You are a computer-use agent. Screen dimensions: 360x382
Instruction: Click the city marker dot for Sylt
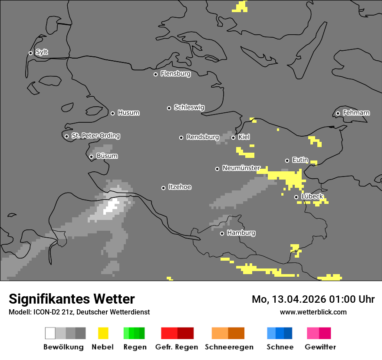(30, 53)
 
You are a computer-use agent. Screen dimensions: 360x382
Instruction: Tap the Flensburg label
(175, 74)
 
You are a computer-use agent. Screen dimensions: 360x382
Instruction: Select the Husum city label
(128, 113)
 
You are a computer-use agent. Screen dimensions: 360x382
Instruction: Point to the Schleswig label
(189, 107)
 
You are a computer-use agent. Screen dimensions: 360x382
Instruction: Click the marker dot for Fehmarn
(338, 113)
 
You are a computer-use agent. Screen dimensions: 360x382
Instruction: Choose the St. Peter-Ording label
(95, 136)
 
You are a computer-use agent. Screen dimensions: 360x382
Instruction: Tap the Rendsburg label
(203, 137)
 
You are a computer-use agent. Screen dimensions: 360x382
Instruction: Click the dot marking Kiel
(233, 137)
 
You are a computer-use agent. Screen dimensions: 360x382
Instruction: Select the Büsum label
(107, 156)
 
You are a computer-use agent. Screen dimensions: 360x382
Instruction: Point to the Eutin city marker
(287, 160)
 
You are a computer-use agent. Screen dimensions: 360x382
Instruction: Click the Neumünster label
(241, 168)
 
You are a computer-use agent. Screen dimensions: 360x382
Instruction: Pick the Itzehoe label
(180, 187)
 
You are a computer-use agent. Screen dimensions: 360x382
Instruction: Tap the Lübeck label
(312, 196)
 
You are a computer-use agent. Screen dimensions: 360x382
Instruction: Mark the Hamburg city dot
(222, 233)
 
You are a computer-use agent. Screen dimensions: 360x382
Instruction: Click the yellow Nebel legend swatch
(103, 333)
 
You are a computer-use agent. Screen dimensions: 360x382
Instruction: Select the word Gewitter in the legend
(320, 347)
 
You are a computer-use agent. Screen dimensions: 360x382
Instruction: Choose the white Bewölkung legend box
(50, 333)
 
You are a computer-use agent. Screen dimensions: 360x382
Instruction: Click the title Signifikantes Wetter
(72, 299)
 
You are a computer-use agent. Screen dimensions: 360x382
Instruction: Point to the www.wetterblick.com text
(313, 312)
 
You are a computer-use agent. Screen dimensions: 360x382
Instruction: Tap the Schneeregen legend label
(229, 347)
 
